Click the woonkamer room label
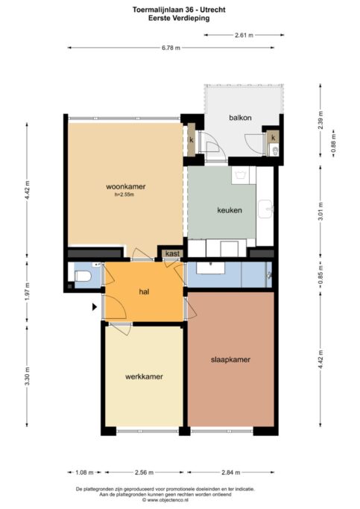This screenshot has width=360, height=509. click(126, 186)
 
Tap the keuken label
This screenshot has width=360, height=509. click(230, 210)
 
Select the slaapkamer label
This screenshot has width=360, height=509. click(230, 360)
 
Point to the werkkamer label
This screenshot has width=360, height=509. click(144, 376)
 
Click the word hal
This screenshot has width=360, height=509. click(144, 292)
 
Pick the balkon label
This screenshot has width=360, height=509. click(240, 118)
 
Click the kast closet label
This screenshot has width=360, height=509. click(172, 253)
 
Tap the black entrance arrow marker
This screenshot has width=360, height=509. click(95, 307)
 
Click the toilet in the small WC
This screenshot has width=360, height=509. click(83, 277)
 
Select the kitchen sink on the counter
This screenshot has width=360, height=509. click(265, 209)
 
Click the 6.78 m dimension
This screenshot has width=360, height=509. click(171, 48)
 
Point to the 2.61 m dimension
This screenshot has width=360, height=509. click(244, 35)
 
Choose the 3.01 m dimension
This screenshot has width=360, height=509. click(320, 211)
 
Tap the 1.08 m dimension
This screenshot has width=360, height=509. click(84, 472)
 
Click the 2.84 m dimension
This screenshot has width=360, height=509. click(231, 472)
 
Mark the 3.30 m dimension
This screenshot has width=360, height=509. click(27, 376)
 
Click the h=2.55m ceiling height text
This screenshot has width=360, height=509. click(124, 195)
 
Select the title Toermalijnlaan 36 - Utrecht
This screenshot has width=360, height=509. click(179, 10)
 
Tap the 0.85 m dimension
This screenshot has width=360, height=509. click(320, 275)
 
